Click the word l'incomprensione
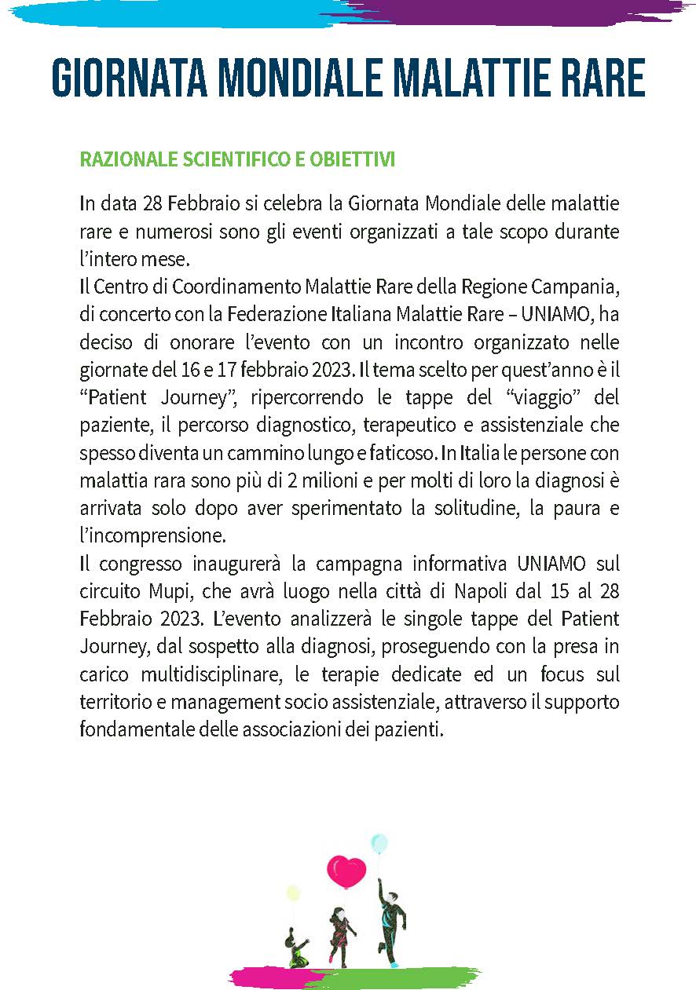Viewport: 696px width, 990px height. coord(152,536)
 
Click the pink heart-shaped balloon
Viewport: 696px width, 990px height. coord(346,871)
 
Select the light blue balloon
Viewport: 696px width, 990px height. coord(379,844)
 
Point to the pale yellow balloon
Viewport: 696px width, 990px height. coord(294,893)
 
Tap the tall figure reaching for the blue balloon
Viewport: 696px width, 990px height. coord(390,926)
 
